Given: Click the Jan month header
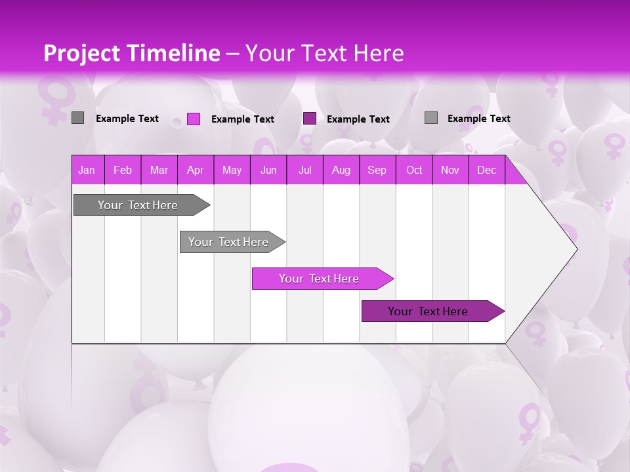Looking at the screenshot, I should click(x=87, y=170).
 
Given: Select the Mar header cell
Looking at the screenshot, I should click(x=159, y=170).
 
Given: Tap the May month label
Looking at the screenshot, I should click(x=232, y=170).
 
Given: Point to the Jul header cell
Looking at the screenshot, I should click(x=304, y=170).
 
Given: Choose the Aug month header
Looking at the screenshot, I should click(x=341, y=170).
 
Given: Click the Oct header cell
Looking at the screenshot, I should click(x=414, y=170).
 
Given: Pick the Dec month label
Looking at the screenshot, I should click(x=486, y=170).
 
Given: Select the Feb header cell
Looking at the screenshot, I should click(x=123, y=170).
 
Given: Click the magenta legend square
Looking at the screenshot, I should click(x=194, y=119).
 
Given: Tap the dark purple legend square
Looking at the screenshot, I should click(x=310, y=119).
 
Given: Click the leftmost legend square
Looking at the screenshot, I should click(x=77, y=118).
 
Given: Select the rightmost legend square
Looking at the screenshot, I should click(x=431, y=118).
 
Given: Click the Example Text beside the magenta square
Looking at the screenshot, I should click(x=243, y=119).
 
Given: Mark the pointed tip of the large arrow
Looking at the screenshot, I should click(x=576, y=249).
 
